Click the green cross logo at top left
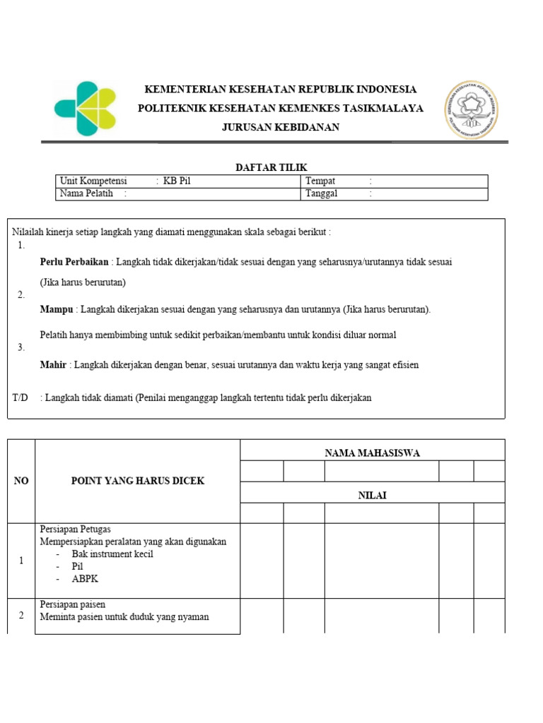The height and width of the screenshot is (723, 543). (x=84, y=109)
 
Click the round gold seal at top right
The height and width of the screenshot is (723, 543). (x=470, y=109)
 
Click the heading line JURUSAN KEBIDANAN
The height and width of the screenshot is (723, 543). (x=281, y=127)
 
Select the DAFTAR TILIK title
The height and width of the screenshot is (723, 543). (x=271, y=167)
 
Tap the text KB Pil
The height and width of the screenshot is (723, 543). (x=177, y=181)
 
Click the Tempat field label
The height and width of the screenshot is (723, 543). (x=320, y=181)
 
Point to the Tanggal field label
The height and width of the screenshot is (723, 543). (x=322, y=193)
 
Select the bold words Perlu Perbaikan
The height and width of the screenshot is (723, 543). (x=74, y=262)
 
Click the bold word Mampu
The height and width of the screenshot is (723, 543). (x=57, y=309)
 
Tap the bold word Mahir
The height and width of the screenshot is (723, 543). (x=54, y=365)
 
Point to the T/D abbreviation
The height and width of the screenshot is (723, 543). (x=20, y=398)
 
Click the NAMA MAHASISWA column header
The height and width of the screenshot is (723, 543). (x=372, y=453)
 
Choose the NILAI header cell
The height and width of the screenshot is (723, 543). (x=372, y=496)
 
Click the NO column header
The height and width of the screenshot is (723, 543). (x=21, y=481)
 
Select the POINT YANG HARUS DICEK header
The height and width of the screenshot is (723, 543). (x=138, y=481)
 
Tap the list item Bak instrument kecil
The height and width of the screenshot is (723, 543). (x=112, y=554)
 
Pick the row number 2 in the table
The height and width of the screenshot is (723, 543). (x=21, y=616)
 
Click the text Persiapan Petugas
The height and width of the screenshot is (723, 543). (x=75, y=529)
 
